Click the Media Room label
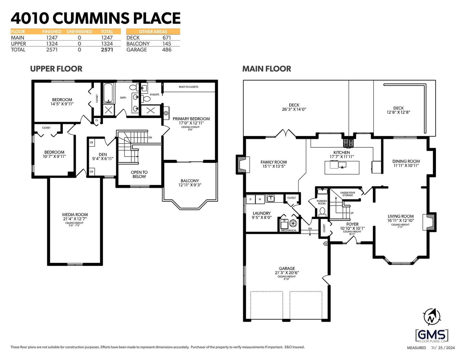pos(75,217)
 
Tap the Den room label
pos(103,156)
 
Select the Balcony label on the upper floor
pos(190,183)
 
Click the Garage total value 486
pos(167,50)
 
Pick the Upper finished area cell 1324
pos(52,44)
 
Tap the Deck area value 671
pos(167,38)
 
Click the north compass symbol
pos(432,317)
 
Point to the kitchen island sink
pos(342,165)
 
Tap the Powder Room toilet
pos(322,212)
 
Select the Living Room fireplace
pos(429,222)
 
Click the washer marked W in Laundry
pos(260,199)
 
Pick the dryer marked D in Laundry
pos(250,199)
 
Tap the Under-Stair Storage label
pos(348,194)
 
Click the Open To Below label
pos(139,174)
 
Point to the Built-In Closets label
pos(188,87)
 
